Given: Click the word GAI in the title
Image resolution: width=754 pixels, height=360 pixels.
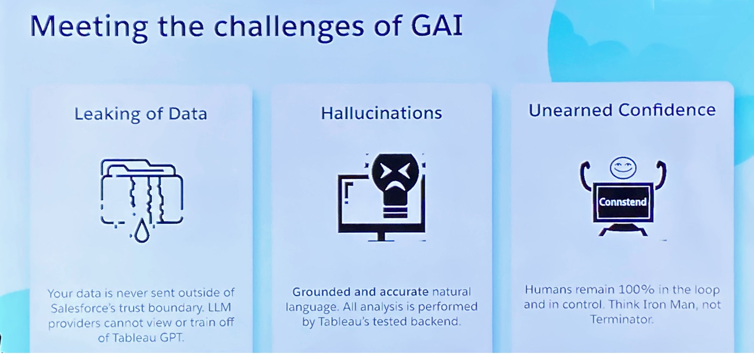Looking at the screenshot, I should pyautogui.click(x=436, y=26).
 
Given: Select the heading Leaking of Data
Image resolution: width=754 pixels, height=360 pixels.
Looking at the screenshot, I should pyautogui.click(x=140, y=114).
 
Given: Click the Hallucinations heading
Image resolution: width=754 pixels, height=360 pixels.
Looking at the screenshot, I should pyautogui.click(x=381, y=113).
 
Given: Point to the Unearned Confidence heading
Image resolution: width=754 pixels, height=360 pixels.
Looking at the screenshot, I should pyautogui.click(x=622, y=110).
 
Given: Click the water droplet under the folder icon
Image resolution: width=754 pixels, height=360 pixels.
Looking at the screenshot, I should pyautogui.click(x=141, y=231).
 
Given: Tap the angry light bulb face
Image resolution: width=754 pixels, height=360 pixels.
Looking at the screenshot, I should pyautogui.click(x=395, y=172).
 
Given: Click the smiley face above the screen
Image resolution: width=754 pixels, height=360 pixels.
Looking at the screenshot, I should pyautogui.click(x=623, y=167).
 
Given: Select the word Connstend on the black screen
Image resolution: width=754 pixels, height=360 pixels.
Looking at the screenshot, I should pyautogui.click(x=623, y=202).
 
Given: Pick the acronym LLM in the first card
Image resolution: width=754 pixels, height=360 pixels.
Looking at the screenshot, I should pyautogui.click(x=219, y=308).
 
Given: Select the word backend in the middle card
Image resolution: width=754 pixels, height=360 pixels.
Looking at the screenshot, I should pyautogui.click(x=435, y=322).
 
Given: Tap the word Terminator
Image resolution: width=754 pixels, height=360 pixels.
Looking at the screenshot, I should pyautogui.click(x=622, y=320).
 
